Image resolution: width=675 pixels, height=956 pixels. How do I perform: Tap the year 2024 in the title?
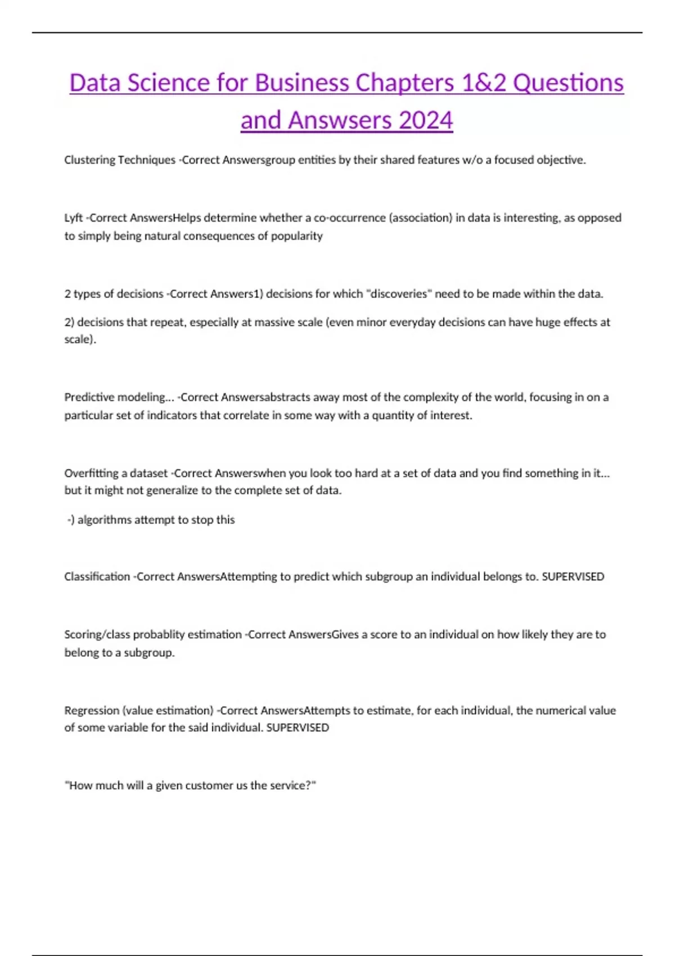click(x=426, y=120)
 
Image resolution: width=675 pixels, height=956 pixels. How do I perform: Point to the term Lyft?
click(x=73, y=218)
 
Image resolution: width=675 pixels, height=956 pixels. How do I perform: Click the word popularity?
click(x=297, y=236)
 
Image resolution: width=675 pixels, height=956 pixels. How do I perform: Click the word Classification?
click(x=97, y=576)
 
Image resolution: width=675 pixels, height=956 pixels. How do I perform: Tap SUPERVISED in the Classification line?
click(x=573, y=576)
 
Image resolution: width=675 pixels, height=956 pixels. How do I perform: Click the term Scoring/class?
click(x=97, y=634)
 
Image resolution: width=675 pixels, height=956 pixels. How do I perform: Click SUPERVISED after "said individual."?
click(x=298, y=727)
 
